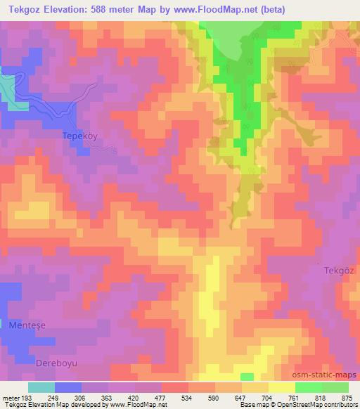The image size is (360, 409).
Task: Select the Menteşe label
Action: tap(25, 326)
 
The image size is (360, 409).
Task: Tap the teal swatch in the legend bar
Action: tap(41, 387)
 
